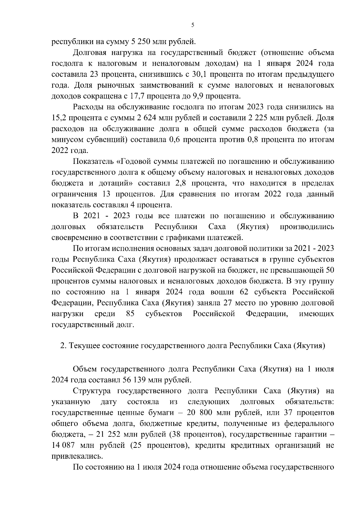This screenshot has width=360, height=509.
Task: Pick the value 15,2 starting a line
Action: pos(59,118)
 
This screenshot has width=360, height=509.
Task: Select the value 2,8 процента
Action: pos(185,183)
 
